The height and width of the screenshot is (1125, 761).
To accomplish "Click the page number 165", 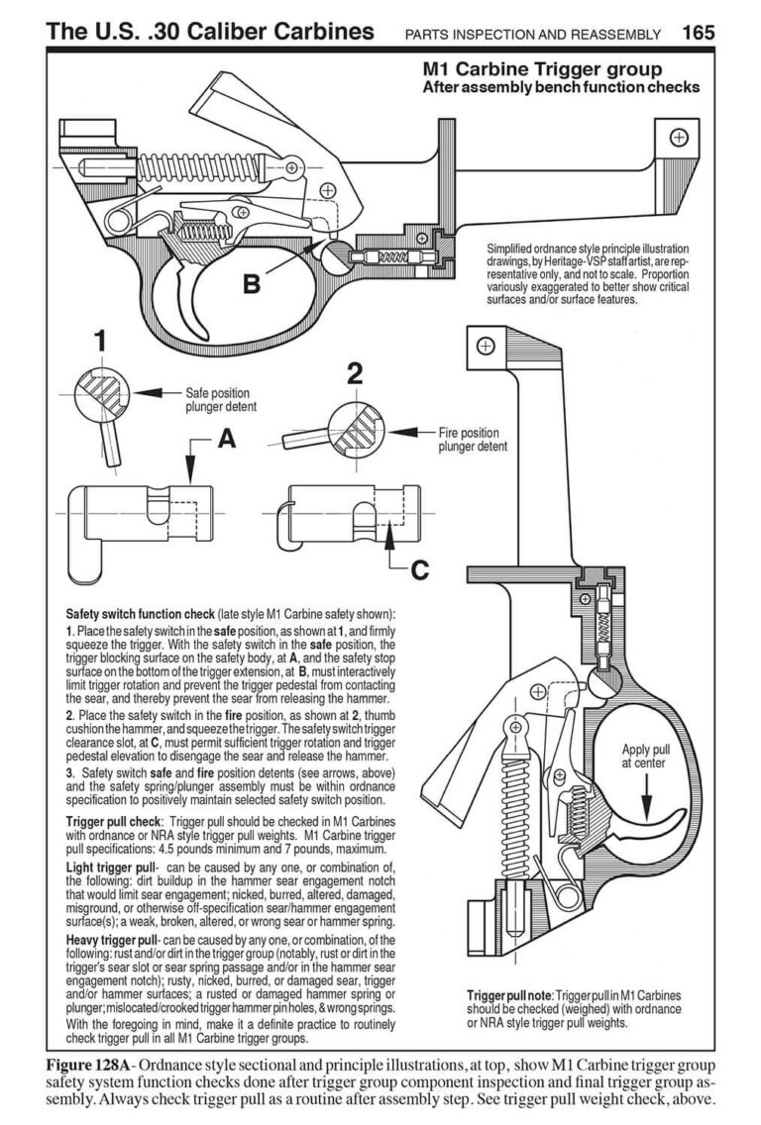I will [x=698, y=32].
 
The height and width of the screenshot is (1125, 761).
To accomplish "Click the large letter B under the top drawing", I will [x=252, y=284].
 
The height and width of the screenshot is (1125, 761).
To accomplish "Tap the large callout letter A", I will [x=227, y=441].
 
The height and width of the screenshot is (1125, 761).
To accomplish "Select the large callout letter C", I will [x=419, y=569].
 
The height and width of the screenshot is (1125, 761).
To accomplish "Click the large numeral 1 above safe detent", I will [x=99, y=341].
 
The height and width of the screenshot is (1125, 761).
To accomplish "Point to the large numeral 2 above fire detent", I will [x=355, y=373].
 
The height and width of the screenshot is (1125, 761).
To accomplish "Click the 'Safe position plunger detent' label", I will [x=220, y=399].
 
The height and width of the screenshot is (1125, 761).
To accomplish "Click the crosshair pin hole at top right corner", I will [x=679, y=138].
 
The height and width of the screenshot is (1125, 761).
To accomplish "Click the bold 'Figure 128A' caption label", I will [x=96, y=1064].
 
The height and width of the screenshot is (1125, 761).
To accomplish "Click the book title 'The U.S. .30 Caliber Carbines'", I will [x=211, y=32].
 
